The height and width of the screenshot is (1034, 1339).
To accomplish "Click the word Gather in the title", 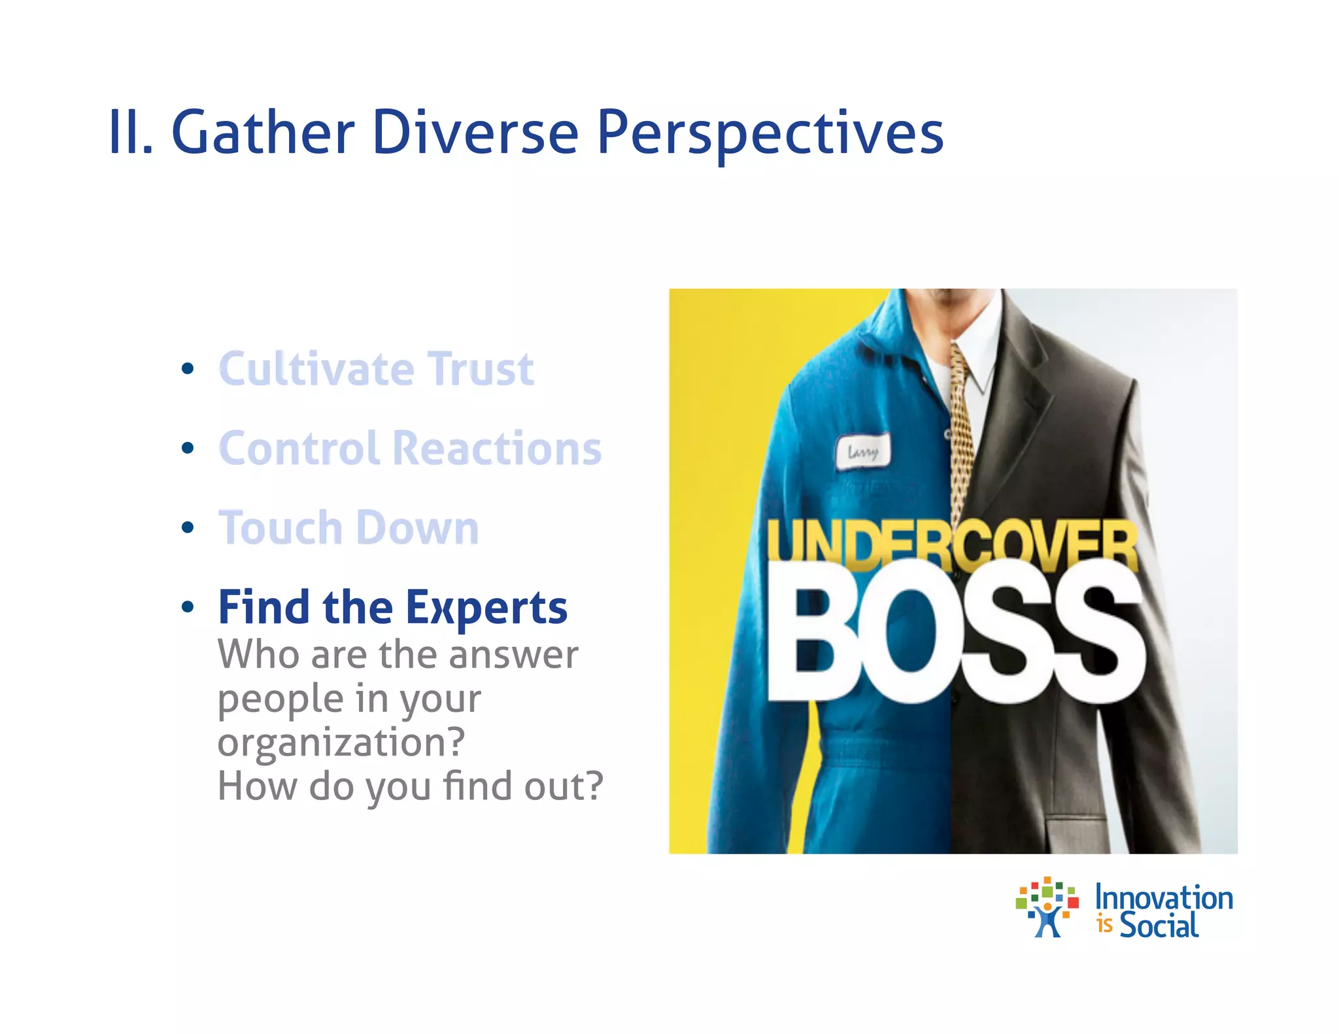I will coord(263,133).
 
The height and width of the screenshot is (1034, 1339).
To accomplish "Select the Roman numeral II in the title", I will coord(129,133).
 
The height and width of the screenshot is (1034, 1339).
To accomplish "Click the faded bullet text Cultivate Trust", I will coord(376,369).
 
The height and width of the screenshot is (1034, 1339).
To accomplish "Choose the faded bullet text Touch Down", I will coord(348,528).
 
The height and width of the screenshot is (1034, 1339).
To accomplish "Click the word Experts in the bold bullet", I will coord(486,608).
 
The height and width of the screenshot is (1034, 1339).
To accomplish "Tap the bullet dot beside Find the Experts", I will coord(188,607).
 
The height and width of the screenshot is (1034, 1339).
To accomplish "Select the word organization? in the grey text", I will coord(341,742).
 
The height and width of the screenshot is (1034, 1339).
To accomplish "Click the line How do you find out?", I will coord(410,786).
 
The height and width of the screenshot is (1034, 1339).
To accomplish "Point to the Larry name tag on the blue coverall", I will coord(863,452).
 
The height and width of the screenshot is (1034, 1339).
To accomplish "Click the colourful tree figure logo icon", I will coord(1047,907).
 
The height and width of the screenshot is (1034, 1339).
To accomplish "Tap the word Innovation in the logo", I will coord(1164,897).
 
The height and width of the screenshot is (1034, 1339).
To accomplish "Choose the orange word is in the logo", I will coord(1104,926).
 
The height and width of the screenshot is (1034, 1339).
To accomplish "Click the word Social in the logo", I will coord(1159,926).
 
